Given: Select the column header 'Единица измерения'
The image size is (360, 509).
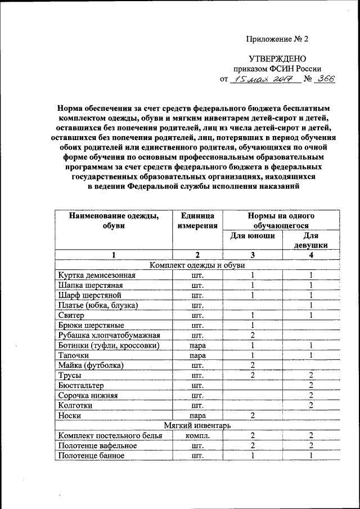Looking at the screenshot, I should [x=197, y=220].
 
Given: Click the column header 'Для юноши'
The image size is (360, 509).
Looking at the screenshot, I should [x=253, y=236].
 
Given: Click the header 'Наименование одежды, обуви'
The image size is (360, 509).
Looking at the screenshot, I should [x=113, y=220].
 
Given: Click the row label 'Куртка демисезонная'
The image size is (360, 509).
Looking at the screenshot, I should [x=96, y=275].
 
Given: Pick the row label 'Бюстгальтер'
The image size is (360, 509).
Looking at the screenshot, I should [x=81, y=385].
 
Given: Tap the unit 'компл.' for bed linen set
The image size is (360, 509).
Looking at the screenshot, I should [x=197, y=435].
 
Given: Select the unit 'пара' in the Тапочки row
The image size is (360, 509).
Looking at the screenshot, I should [x=197, y=355].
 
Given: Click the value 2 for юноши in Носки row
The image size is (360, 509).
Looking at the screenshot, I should [x=253, y=415].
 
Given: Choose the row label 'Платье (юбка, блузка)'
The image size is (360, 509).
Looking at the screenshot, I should [x=98, y=305].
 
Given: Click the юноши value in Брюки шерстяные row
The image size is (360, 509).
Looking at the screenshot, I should [x=253, y=325].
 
